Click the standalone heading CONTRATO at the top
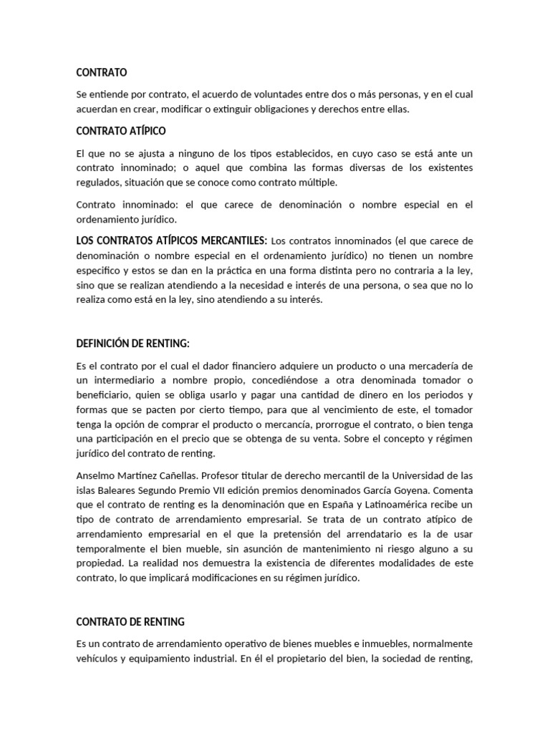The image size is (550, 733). point(102,72)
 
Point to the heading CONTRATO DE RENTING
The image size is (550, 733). point(130,621)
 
